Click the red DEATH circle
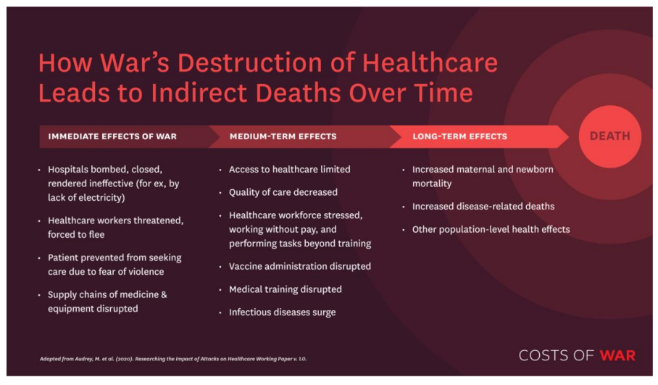[x=609, y=136]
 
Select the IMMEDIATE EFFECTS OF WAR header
[x=112, y=136]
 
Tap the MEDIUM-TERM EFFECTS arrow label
[x=283, y=136]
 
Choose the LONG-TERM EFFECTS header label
[x=459, y=136]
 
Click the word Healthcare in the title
[x=430, y=63]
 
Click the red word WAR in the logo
[x=617, y=355]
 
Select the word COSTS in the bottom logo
[x=544, y=355]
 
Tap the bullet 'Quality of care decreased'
[x=283, y=192]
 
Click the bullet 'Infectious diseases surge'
[x=282, y=312]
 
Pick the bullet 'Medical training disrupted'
[x=286, y=289]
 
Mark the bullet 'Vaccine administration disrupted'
[x=299, y=266]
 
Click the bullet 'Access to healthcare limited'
[x=290, y=169]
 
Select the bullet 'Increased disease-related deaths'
[x=483, y=206]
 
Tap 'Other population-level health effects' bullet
[x=491, y=229]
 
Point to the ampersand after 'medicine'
[x=164, y=295]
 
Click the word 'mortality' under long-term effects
[x=432, y=184]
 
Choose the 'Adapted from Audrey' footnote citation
[x=173, y=359]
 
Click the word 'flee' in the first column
[x=96, y=234]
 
